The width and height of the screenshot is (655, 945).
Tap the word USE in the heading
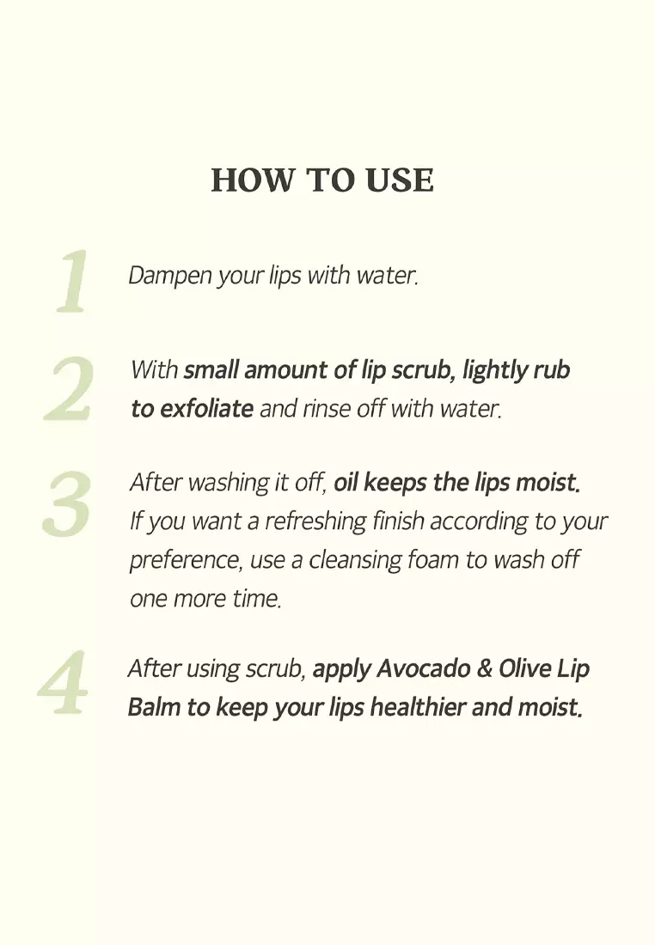point(399,180)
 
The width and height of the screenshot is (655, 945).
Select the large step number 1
point(73,282)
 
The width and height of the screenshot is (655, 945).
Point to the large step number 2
point(69,388)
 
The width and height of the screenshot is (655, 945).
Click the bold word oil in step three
point(346,483)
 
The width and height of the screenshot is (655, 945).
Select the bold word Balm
point(154,708)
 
